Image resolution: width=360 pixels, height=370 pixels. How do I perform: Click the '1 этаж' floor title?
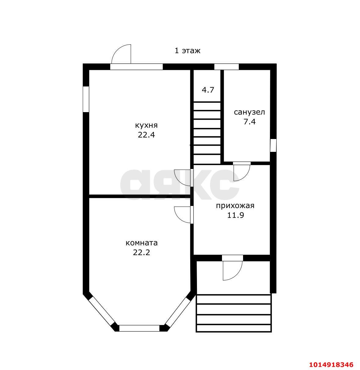(x=187, y=51)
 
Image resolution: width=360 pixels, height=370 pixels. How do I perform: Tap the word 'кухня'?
(x=146, y=126)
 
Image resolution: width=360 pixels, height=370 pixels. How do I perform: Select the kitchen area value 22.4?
(x=146, y=135)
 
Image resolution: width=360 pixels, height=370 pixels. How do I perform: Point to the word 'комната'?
(x=142, y=243)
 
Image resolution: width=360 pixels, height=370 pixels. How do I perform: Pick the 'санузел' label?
(x=249, y=112)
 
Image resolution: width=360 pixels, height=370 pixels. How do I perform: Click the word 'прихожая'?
(x=235, y=206)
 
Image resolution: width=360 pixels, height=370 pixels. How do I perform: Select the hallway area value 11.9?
(x=235, y=215)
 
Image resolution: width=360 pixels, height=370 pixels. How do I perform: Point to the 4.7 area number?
(x=208, y=90)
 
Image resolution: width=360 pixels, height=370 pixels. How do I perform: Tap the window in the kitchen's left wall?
(x=86, y=99)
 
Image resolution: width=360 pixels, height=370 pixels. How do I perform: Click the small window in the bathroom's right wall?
(x=273, y=145)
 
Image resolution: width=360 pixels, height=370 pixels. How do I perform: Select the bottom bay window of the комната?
(x=139, y=328)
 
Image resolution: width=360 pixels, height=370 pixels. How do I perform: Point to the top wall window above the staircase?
(x=227, y=67)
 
